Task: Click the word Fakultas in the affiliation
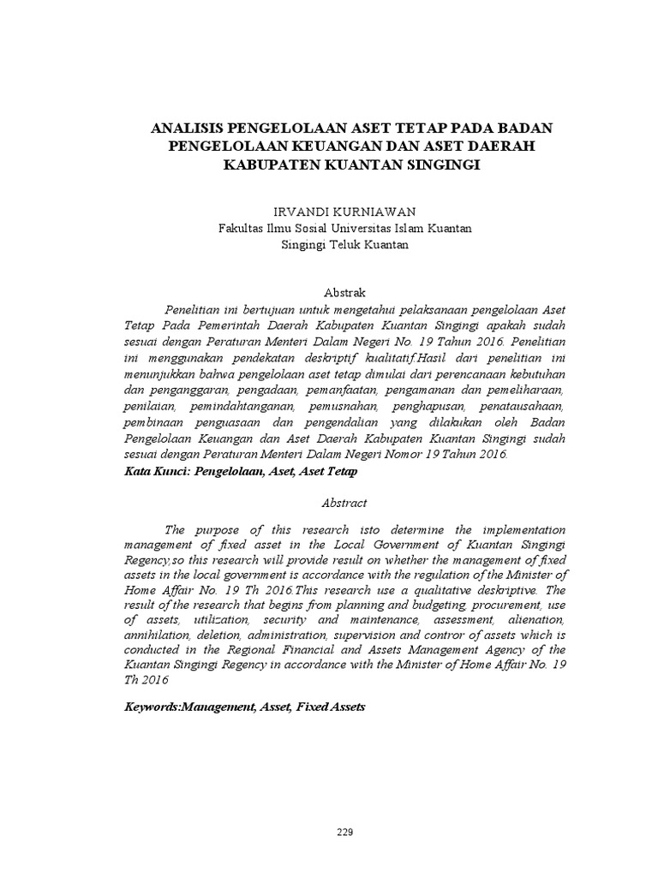pyautogui.click(x=242, y=228)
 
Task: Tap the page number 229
pyautogui.click(x=344, y=832)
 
